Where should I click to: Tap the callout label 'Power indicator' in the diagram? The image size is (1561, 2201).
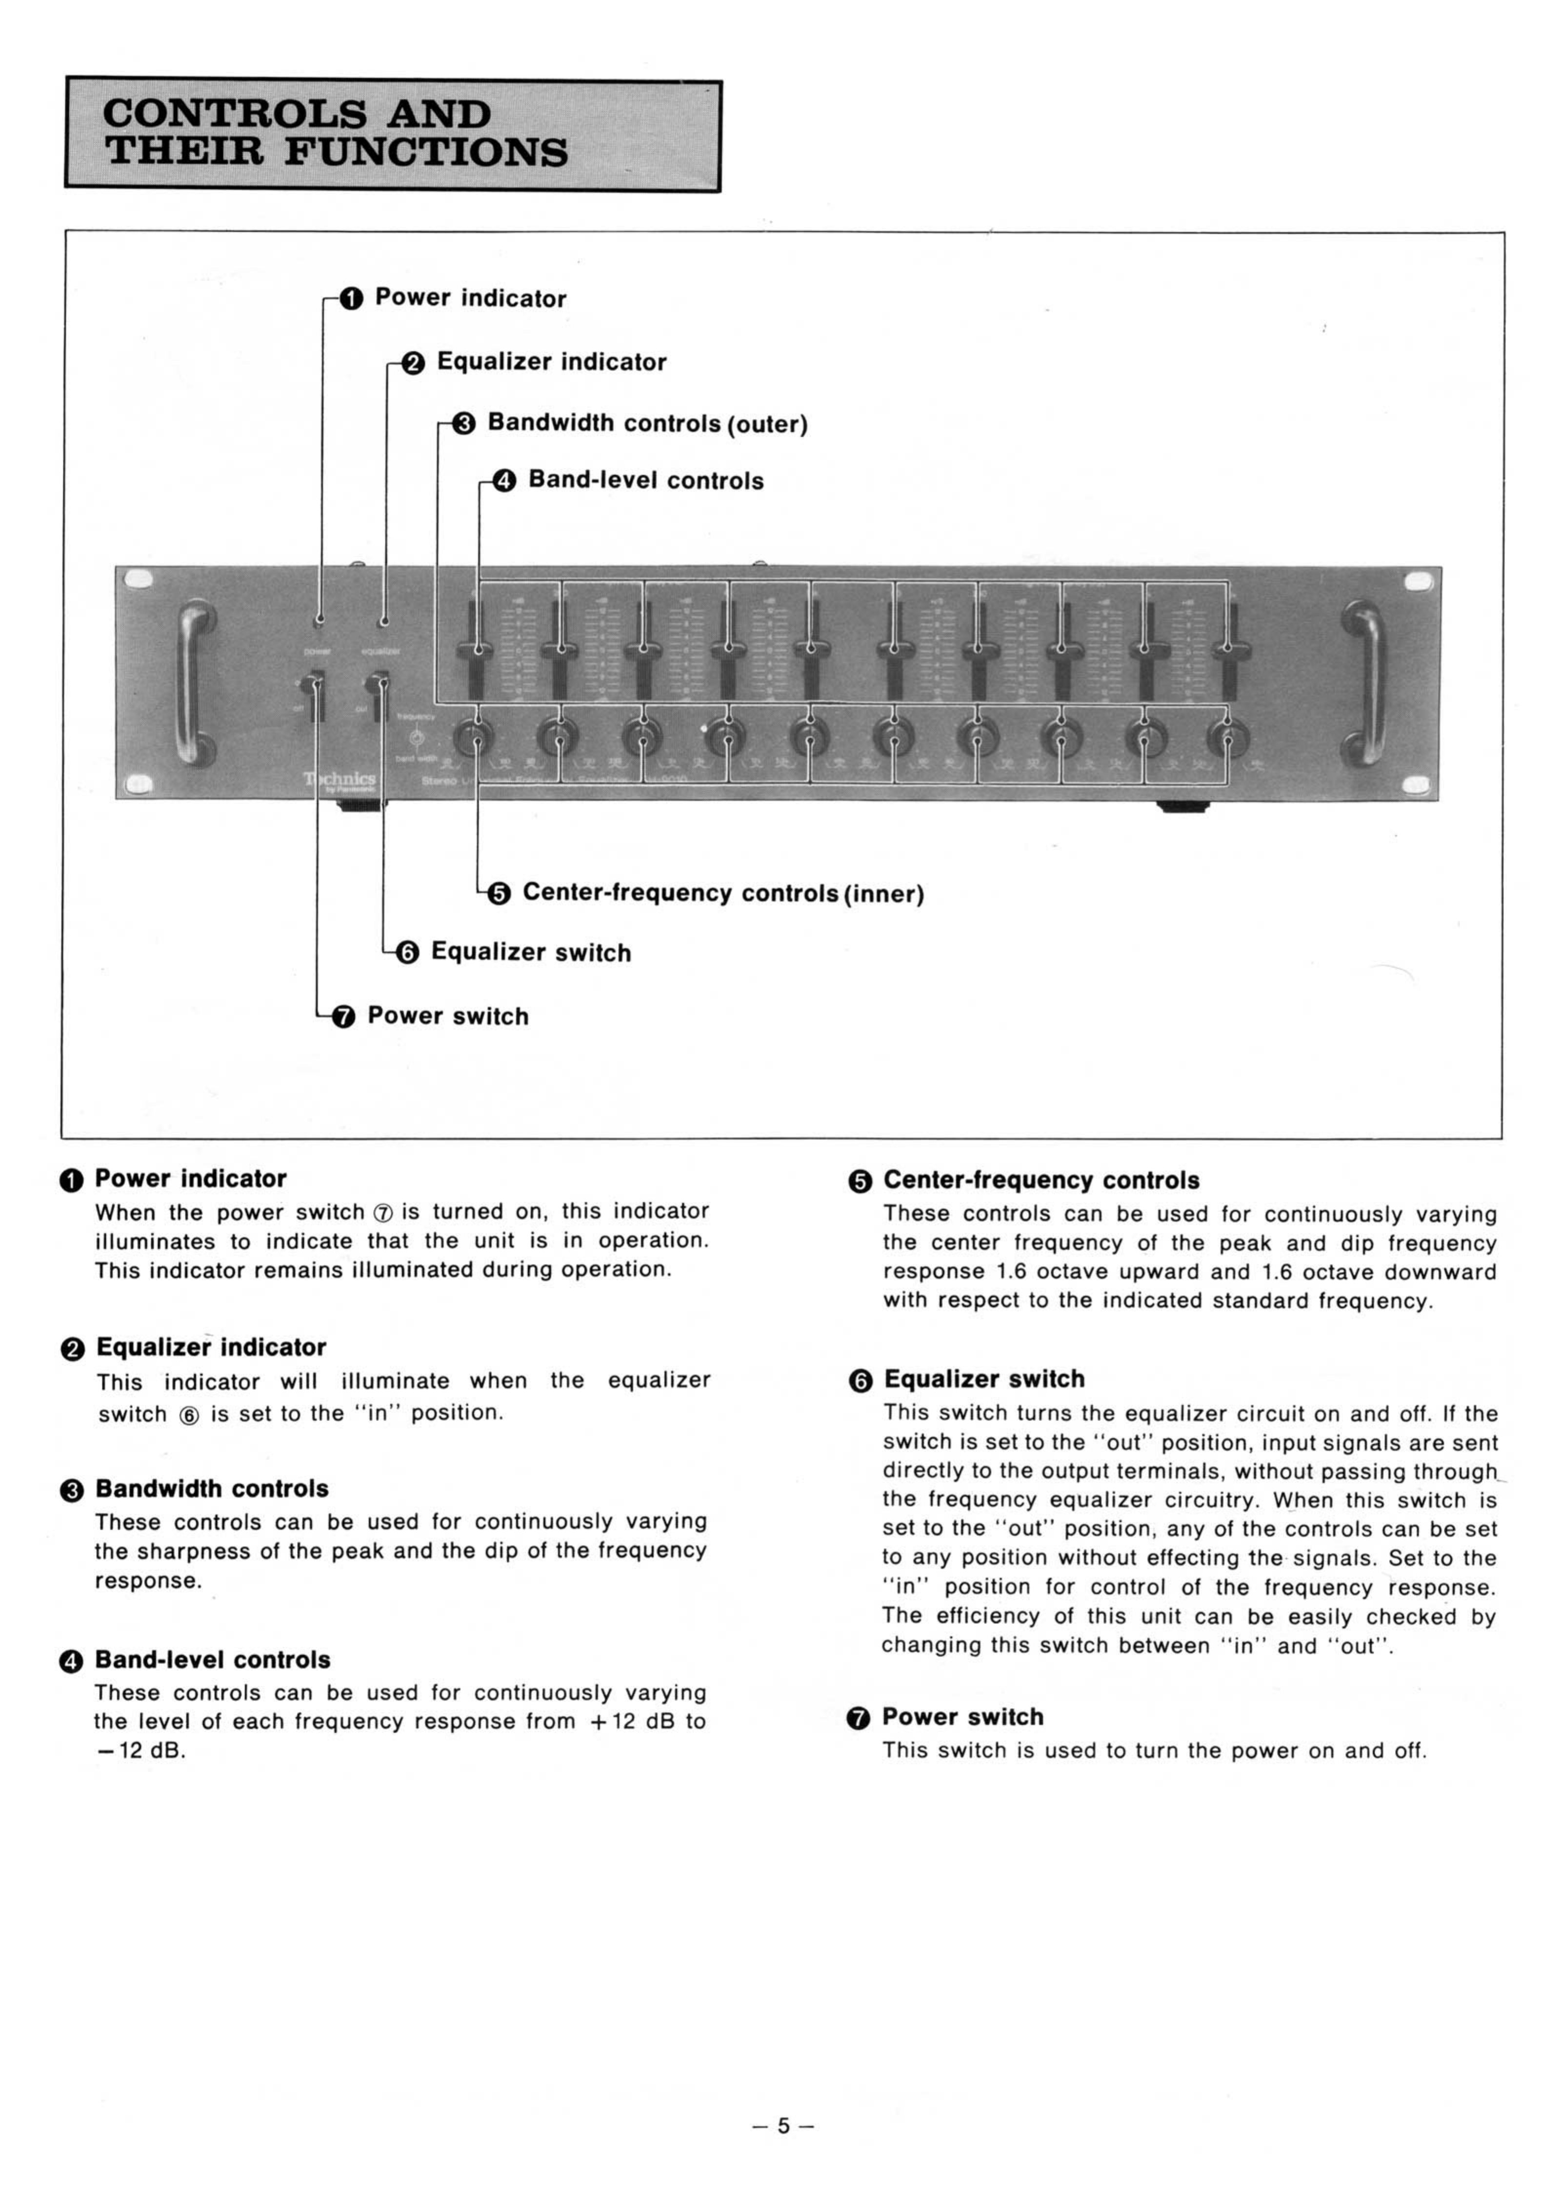(470, 298)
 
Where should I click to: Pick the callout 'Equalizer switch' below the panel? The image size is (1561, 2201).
(531, 953)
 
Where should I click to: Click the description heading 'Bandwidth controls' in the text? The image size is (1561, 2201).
(211, 1489)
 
